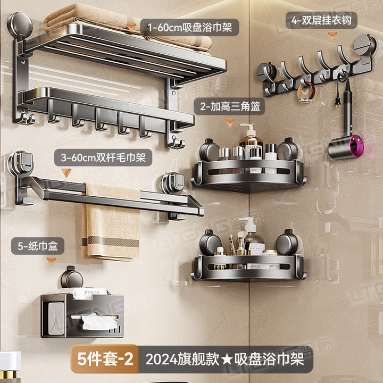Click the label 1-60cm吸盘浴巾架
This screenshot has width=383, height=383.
pyautogui.click(x=189, y=27)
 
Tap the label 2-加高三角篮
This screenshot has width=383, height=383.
pyautogui.click(x=230, y=106)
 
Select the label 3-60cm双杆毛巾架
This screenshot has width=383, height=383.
pyautogui.click(x=103, y=157)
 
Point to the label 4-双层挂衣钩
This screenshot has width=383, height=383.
pyautogui.click(x=321, y=20)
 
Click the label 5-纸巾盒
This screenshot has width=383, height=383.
pyautogui.click(x=38, y=246)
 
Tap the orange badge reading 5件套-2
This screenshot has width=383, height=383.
pyautogui.click(x=105, y=359)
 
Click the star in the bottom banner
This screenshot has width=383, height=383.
pyautogui.click(x=227, y=360)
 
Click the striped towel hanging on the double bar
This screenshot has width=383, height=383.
pyautogui.click(x=111, y=221)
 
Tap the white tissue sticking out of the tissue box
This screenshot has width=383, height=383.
pyautogui.click(x=99, y=321)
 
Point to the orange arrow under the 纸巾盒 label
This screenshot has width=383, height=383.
pyautogui.click(x=51, y=261)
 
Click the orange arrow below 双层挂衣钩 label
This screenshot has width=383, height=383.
pyautogui.click(x=332, y=36)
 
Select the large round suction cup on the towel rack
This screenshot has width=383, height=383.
pyautogui.click(x=20, y=25)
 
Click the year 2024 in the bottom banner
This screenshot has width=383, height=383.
pyautogui.click(x=161, y=360)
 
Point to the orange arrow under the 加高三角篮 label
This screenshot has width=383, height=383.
pyautogui.click(x=230, y=122)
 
